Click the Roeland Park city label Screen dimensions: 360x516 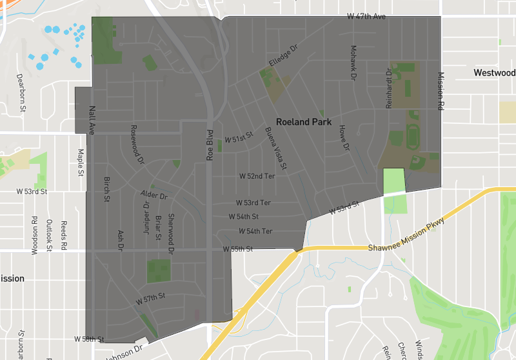pyautogui.click(x=303, y=121)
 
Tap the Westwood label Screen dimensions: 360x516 pyautogui.click(x=495, y=73)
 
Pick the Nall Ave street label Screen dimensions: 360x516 pyautogui.click(x=92, y=120)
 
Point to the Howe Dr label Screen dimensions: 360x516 pyautogui.click(x=343, y=138)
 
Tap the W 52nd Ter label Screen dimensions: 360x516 pyautogui.click(x=257, y=175)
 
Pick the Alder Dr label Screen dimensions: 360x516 pyautogui.click(x=154, y=195)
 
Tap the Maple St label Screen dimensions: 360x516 pyautogui.click(x=81, y=163)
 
